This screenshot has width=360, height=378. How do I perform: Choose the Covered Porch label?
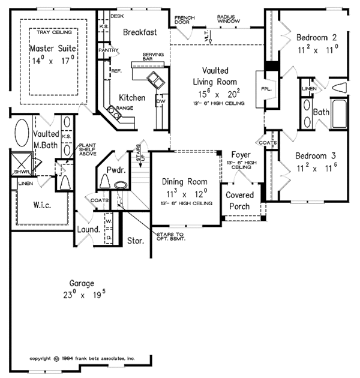[239, 201]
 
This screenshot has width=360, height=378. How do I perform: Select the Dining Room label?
[185, 182]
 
